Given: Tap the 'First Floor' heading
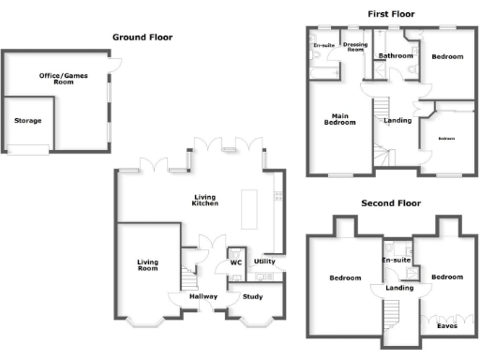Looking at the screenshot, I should coord(392,14).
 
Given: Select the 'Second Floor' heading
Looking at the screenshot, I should coord(391,203).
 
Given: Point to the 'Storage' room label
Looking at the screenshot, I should coord(27,120).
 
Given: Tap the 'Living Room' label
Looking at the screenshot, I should coord(148,266).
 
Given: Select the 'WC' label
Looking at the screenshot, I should coord(236,263).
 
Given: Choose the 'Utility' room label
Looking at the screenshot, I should coord(265,262).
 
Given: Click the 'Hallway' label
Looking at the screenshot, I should coord(203,297).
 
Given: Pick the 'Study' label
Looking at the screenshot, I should coord(252,297).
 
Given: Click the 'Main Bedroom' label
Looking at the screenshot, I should coord(339,119).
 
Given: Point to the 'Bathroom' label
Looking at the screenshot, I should coord(396,56).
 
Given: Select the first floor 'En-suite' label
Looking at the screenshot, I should coord(324,45).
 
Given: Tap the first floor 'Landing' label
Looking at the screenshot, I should coord(397,120).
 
